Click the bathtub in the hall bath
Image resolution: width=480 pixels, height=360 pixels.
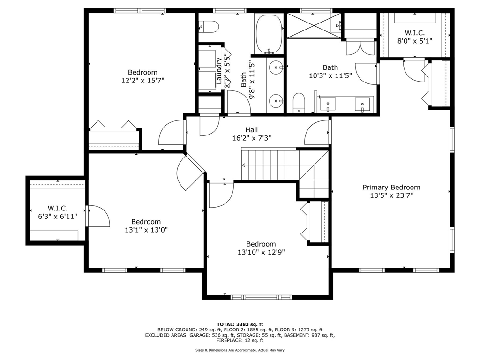[x=269, y=34]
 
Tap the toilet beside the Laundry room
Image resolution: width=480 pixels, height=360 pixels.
[x=209, y=27]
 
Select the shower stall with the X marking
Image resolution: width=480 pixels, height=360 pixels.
[x=314, y=26]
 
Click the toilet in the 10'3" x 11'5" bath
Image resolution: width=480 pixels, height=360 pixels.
[x=299, y=103]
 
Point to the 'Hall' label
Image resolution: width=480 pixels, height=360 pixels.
[x=251, y=130]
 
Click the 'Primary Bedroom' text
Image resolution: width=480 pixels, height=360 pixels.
[x=391, y=187]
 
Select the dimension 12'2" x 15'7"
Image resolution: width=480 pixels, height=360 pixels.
[x=142, y=81]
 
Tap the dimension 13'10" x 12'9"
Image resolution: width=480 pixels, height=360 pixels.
[x=261, y=252]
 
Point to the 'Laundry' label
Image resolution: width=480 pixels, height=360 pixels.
[x=219, y=71]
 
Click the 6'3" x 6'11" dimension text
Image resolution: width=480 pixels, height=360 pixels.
[x=58, y=216]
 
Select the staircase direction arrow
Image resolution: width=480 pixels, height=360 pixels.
[x=244, y=165]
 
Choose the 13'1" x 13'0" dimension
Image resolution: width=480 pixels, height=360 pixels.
[x=146, y=230]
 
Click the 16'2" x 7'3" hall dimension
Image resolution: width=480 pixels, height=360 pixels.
[x=251, y=138]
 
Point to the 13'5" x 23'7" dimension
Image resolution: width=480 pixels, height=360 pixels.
[x=391, y=195]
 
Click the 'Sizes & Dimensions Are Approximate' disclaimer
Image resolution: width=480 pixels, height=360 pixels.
[x=240, y=350]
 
